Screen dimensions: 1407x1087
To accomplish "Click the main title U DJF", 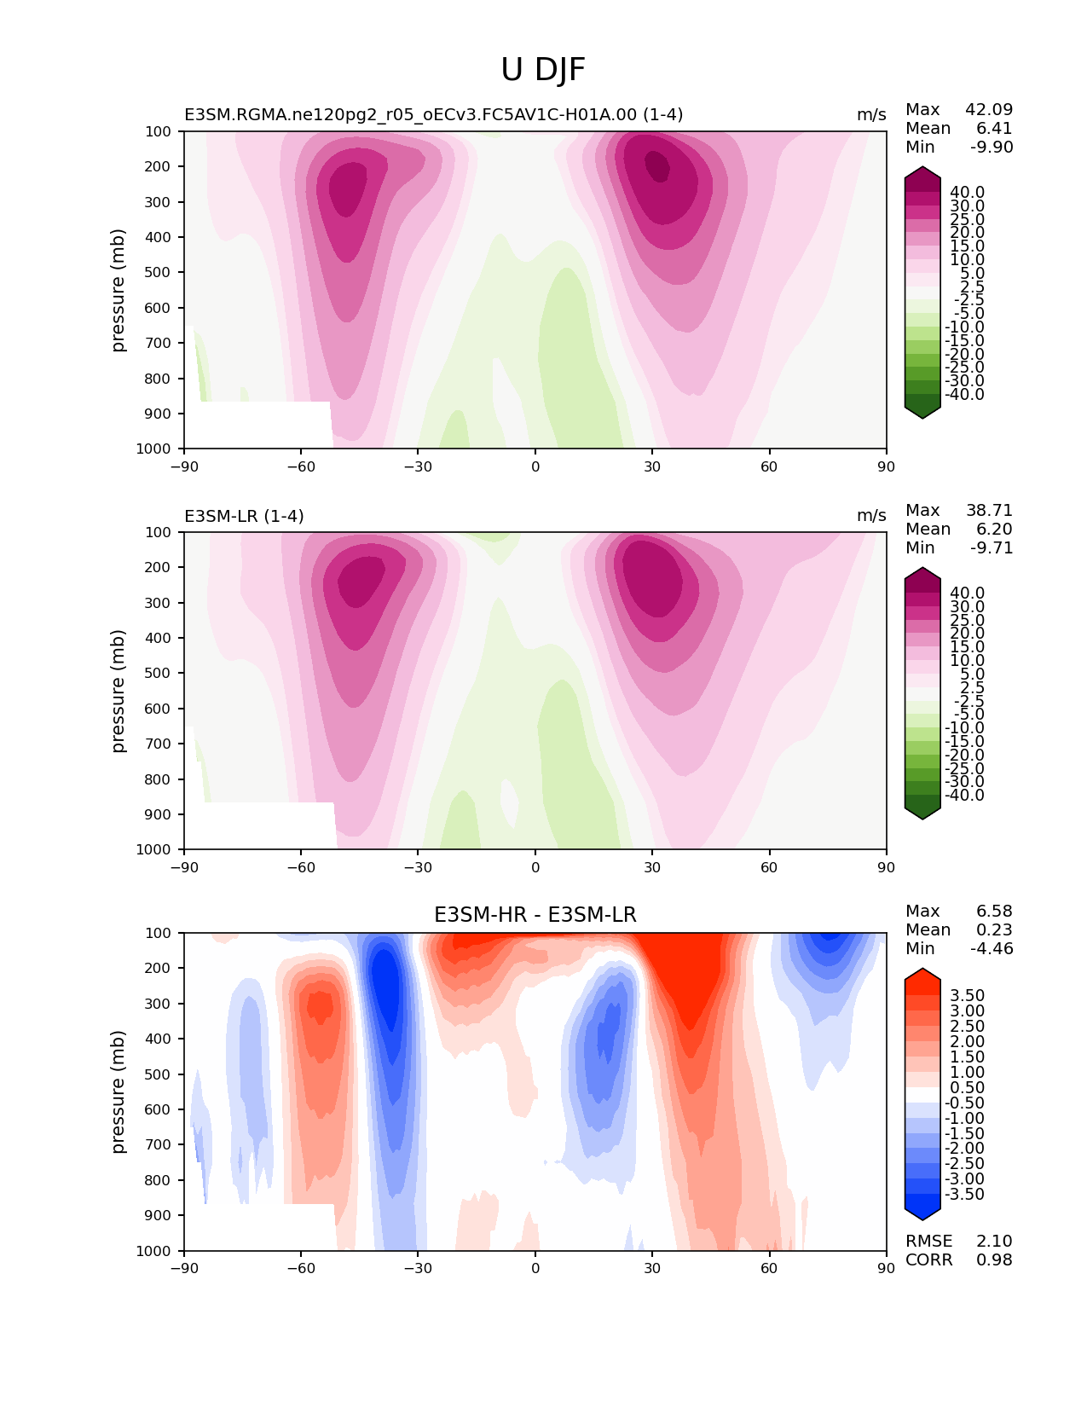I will point(543,70).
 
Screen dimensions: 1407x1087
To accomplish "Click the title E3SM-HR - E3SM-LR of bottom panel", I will point(535,915).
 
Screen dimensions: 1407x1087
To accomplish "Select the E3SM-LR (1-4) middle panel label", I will point(244,516).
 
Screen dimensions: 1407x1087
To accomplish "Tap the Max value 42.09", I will point(989,109).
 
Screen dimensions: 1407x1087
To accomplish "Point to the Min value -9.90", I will point(992,147).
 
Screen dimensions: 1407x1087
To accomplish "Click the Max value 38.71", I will point(989,510).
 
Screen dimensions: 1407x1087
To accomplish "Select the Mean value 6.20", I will point(994,529).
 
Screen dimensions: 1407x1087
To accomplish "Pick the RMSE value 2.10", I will point(994,1241).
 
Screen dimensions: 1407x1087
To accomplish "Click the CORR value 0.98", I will point(994,1259).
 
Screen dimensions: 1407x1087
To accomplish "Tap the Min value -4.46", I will point(992,948).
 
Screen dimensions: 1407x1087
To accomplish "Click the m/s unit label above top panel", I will point(871,115).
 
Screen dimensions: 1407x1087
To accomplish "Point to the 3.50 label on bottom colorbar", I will point(967,995).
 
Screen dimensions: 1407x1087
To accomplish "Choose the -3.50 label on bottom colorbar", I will point(964,1194).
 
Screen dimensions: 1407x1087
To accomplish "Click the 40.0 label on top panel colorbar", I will point(967,192).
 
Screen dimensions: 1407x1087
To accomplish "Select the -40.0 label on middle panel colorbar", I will point(964,795).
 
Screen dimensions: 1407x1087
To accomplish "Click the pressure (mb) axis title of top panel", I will point(119,290).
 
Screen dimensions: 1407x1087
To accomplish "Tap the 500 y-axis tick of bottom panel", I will point(159,1074).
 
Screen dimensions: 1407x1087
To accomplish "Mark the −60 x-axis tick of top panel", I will point(301,466).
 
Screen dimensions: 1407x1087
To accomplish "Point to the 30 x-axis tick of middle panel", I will point(652,867).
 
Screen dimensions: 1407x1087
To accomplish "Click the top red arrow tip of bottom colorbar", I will point(922,970).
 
